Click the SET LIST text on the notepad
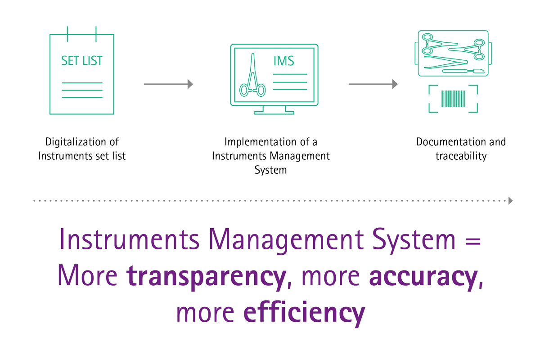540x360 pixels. pos(82,60)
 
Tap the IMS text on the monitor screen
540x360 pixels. pos(284,61)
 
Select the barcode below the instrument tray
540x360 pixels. pos(453,99)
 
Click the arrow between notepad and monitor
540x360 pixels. pos(168,84)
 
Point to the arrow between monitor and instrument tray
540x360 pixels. pos(373,84)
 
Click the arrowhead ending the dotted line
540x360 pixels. pos(511,201)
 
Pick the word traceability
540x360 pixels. pos(461,156)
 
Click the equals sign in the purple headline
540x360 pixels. pos(473,241)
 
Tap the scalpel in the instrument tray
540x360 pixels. pos(463,71)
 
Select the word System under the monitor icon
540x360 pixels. pos(270,170)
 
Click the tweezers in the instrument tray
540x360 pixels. pos(446,62)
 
